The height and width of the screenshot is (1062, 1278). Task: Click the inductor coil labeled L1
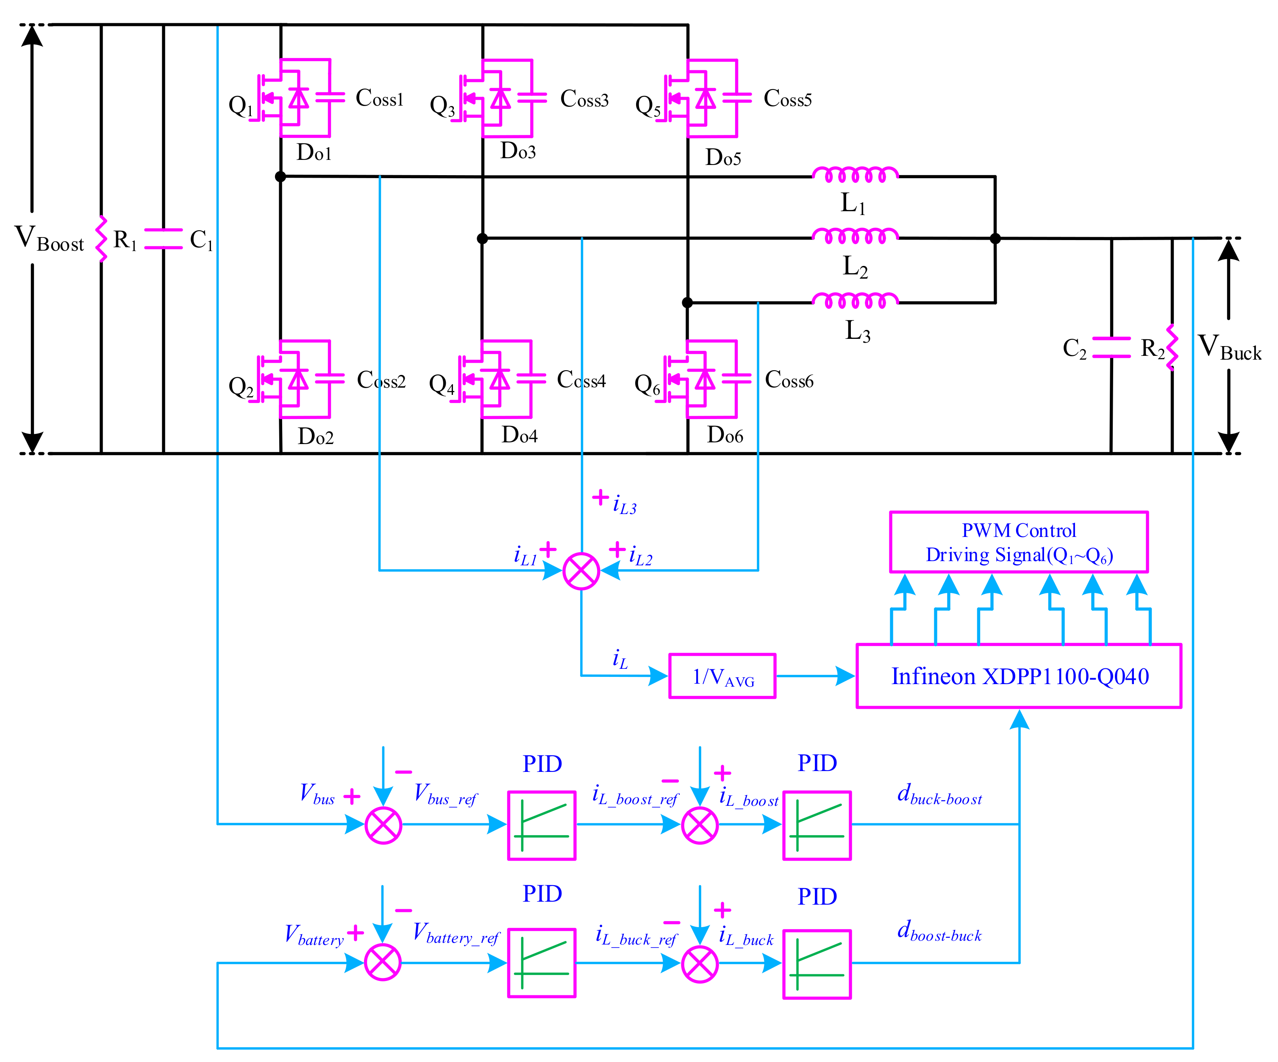click(x=855, y=176)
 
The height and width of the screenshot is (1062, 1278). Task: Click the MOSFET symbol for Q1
click(x=292, y=98)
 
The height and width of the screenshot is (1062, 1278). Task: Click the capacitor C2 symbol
click(x=1111, y=347)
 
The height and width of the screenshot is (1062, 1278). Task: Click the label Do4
click(x=519, y=435)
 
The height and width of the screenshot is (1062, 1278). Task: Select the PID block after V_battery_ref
click(x=542, y=963)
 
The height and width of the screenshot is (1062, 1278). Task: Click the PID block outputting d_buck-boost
click(x=816, y=825)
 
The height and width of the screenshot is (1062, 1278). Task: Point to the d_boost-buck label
click(x=939, y=932)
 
